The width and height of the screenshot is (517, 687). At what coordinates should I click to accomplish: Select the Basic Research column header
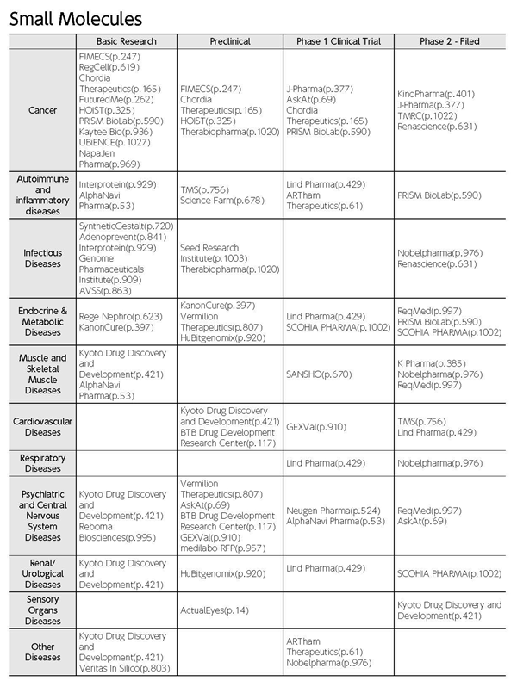tap(127, 41)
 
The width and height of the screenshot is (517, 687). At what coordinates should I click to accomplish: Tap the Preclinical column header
tap(229, 41)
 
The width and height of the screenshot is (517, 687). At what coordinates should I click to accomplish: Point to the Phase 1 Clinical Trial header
tap(337, 41)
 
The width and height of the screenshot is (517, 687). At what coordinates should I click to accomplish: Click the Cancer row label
tap(43, 110)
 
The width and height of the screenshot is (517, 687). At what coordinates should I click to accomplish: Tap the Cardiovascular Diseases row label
tap(43, 427)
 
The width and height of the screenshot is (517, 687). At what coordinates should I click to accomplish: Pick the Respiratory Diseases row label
tap(43, 463)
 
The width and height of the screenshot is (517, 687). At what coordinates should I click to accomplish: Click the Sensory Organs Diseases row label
tap(43, 610)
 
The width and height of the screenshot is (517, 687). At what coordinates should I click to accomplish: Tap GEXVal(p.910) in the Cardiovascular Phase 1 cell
tap(316, 426)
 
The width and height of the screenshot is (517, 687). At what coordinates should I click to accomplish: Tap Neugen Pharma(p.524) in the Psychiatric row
tap(328, 511)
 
